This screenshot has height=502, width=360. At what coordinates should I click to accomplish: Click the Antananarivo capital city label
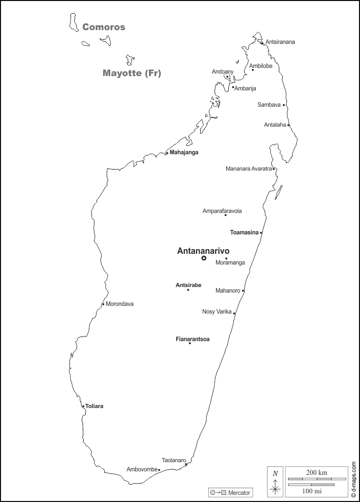click(x=203, y=251)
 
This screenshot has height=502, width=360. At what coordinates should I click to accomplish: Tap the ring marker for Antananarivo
click(x=204, y=258)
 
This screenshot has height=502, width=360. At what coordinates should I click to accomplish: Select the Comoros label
click(x=104, y=27)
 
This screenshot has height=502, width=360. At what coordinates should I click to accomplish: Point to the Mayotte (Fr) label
click(x=132, y=73)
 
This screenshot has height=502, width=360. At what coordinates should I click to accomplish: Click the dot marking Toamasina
click(x=261, y=233)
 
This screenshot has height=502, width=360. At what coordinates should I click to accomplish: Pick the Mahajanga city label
click(x=184, y=152)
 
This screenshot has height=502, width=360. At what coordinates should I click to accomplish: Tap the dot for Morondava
click(x=103, y=304)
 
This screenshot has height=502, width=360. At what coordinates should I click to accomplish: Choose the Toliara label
click(x=94, y=406)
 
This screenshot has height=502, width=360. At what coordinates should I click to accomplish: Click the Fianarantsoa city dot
click(x=190, y=343)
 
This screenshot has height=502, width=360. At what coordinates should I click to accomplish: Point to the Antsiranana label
click(x=280, y=42)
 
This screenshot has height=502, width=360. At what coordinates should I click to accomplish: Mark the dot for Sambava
click(x=284, y=105)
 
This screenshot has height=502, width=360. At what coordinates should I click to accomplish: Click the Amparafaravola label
click(x=222, y=211)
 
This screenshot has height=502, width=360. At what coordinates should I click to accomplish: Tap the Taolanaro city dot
click(x=186, y=465)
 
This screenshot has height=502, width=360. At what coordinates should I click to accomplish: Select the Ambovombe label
click(x=142, y=469)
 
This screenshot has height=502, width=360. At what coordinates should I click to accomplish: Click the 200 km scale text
click(x=317, y=472)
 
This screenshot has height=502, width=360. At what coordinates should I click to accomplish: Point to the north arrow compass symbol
click(x=275, y=482)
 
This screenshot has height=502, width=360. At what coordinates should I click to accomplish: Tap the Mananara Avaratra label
click(x=249, y=169)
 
